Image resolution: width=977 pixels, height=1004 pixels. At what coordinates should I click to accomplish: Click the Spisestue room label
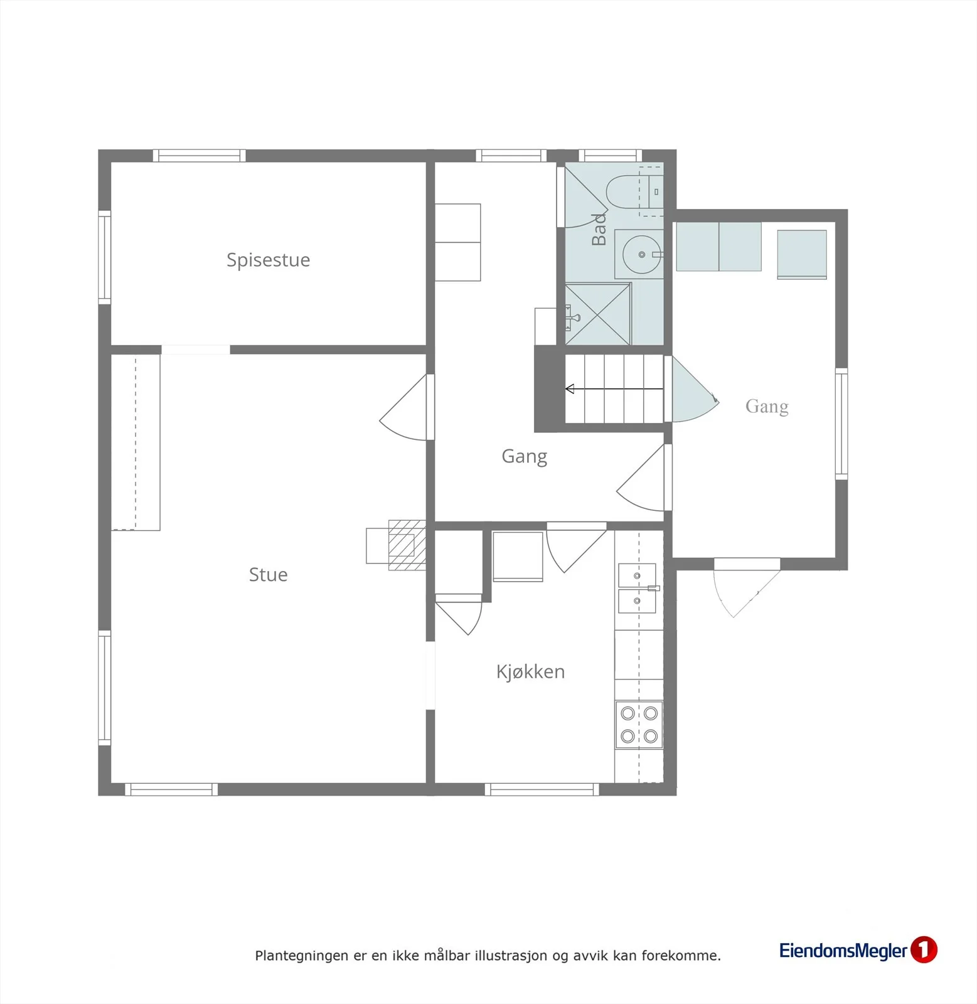[268, 260]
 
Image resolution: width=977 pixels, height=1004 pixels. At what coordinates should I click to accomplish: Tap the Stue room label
[268, 575]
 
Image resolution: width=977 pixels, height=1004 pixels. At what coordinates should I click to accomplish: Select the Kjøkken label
[530, 672]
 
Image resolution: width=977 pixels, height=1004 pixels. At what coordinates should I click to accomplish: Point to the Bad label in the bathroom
[599, 229]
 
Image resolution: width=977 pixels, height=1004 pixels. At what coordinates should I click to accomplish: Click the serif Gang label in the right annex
[767, 407]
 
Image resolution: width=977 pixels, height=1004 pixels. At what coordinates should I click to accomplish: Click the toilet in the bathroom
[634, 192]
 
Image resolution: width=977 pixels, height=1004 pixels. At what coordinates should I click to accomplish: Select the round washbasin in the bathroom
[641, 254]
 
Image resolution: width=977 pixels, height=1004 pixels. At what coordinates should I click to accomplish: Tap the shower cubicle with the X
[597, 314]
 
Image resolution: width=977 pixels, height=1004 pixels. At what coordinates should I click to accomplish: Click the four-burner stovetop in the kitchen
[639, 724]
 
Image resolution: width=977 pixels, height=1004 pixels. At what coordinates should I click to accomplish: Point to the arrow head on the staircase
[570, 389]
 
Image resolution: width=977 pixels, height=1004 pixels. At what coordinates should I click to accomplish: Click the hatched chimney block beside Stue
[407, 545]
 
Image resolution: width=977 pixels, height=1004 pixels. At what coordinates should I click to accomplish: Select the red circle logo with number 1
[924, 949]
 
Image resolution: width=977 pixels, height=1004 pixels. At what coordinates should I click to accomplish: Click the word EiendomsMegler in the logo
[843, 951]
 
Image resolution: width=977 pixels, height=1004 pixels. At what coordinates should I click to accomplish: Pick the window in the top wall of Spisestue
[200, 156]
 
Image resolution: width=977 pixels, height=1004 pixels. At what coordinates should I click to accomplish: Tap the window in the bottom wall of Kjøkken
[542, 789]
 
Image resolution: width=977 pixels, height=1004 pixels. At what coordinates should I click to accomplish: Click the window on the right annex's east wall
[841, 424]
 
